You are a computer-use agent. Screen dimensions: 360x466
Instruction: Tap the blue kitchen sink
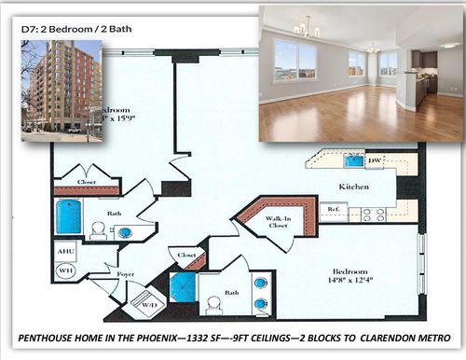354,160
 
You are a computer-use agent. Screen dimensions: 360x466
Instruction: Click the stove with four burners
373,214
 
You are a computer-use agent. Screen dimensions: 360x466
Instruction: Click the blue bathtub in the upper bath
69,216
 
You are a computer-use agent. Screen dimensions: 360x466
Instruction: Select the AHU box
66,252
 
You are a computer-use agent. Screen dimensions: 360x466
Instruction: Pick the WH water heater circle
66,270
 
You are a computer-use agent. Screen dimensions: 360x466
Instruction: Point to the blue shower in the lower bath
183,286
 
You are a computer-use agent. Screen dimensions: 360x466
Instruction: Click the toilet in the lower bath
213,304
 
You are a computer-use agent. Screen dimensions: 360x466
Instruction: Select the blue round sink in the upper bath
124,231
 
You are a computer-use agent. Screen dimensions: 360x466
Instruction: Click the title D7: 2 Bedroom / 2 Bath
75,29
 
